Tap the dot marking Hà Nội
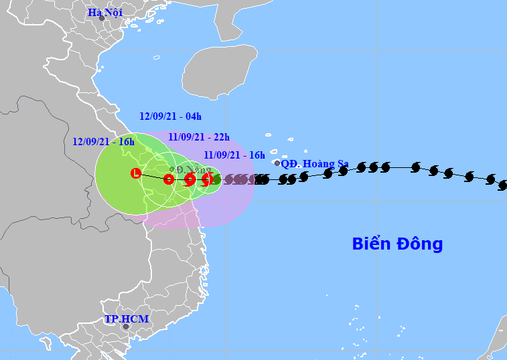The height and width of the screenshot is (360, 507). coord(102,18)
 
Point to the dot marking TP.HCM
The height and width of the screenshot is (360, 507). coord(125,327)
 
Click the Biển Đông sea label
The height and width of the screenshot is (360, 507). coord(397,244)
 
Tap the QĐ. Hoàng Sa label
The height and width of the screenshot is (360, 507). coord(315,163)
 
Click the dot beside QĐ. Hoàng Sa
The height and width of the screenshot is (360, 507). coord(277,163)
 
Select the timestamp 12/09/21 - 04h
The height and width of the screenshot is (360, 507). coord(170,116)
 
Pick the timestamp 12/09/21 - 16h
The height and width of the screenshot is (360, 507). coord(103,141)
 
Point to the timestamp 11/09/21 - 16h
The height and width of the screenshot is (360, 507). coord(234,155)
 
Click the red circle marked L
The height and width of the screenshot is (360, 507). coord(136,174)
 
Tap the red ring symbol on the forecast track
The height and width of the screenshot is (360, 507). coord(169,179)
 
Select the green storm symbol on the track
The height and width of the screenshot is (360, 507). coord(216,179)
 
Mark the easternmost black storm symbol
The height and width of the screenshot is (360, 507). coord(503,185)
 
